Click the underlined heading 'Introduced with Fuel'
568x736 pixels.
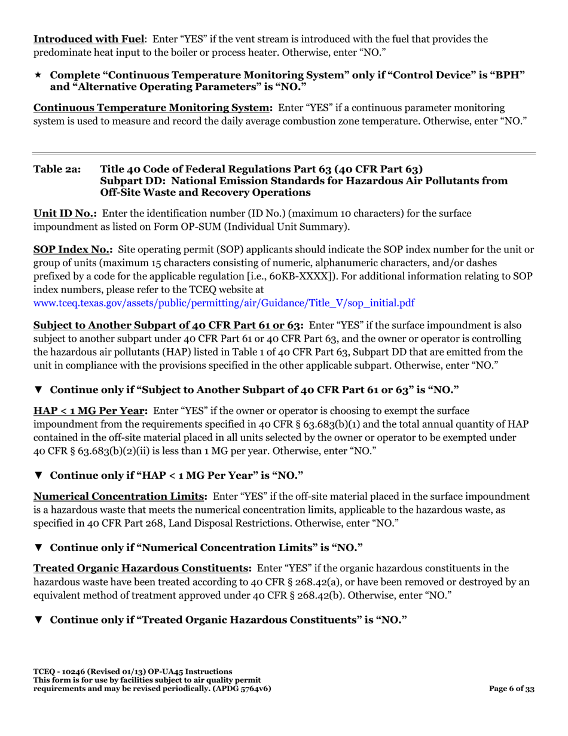click(88, 39)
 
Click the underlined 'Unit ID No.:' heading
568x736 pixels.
click(65, 214)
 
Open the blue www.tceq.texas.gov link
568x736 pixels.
click(224, 303)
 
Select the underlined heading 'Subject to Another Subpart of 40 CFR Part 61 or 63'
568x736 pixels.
click(168, 326)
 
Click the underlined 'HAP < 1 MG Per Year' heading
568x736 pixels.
click(91, 411)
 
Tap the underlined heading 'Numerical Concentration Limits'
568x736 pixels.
click(120, 497)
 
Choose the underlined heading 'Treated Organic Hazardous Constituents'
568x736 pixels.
click(142, 568)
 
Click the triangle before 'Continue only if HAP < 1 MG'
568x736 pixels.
click(38, 476)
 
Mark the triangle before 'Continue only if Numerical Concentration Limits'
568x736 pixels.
click(38, 548)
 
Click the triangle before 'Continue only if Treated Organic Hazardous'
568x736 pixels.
click(38, 619)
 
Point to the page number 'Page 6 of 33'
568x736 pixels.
click(512, 689)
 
